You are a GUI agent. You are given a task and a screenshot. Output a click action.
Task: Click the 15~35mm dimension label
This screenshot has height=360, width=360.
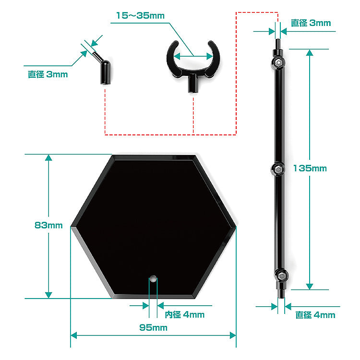[140, 16]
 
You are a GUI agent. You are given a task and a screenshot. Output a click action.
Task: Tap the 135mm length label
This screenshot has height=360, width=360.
[310, 168]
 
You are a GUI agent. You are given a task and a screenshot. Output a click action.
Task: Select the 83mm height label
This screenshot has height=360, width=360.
[48, 225]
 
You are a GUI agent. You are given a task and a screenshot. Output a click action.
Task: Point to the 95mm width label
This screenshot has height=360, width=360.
[153, 328]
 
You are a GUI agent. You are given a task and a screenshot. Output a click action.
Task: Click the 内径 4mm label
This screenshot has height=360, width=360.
[184, 315]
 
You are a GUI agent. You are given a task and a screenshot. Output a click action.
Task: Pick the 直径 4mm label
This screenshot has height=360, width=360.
[315, 315]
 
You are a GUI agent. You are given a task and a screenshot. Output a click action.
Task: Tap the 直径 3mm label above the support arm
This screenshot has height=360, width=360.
[311, 23]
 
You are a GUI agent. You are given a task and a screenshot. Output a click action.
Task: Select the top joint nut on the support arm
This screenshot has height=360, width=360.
[278, 62]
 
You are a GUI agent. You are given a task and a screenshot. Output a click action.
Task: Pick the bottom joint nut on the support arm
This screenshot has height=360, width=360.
[281, 276]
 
